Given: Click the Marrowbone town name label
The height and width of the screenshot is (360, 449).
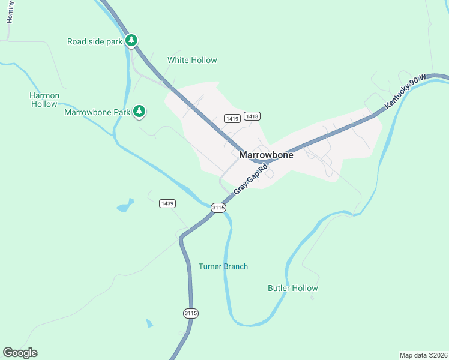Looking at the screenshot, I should point(266,155).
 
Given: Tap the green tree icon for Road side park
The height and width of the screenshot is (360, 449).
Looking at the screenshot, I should point(131,41).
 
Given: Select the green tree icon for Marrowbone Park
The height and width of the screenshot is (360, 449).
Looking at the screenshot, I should point(139,111).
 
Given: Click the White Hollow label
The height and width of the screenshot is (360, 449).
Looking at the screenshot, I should point(192,60).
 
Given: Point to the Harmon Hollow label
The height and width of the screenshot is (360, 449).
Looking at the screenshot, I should point(44,100).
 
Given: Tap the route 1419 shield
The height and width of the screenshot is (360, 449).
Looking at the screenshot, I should point(233,118).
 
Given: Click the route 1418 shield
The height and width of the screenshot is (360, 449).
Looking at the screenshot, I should point(252,116).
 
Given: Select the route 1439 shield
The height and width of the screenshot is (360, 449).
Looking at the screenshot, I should point(167,204).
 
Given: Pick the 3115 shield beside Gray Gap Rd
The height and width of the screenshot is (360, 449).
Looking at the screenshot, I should point(218,208).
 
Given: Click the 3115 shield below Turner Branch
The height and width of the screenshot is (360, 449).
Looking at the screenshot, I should point(191,313).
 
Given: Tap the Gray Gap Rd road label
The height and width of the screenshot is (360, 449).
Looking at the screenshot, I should point(250,178).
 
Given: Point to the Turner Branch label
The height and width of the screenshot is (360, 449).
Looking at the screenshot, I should point(223,266).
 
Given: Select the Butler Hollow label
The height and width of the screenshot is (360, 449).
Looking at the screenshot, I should point(292,288).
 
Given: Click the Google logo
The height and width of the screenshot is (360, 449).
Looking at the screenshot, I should point(20,353).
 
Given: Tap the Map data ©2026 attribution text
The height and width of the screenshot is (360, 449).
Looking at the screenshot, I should point(423,355).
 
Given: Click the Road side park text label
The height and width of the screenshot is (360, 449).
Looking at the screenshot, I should point(95,41).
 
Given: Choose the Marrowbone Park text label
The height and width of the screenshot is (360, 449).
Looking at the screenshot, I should point(97,112).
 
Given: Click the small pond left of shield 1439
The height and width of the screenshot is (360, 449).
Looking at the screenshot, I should point(124,207).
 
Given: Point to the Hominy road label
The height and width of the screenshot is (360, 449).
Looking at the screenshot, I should point(10,12).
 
